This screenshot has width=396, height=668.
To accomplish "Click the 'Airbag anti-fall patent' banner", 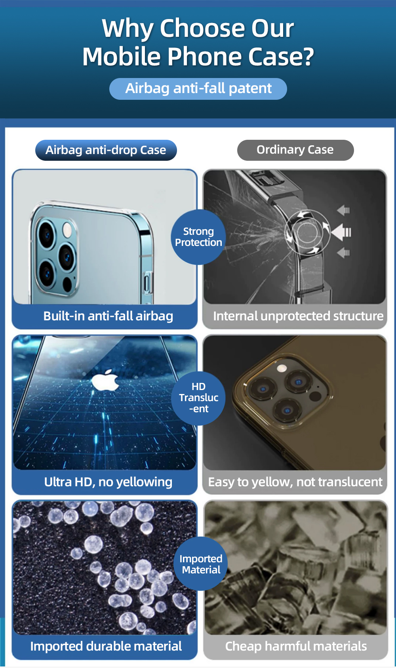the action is click(198, 89).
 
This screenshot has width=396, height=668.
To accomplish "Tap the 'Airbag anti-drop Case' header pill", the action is click(106, 150).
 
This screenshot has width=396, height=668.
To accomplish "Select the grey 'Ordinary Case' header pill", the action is click(295, 150).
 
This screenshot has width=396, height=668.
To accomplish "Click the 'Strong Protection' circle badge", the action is click(198, 237).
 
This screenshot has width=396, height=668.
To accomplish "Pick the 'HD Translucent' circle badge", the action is click(198, 398).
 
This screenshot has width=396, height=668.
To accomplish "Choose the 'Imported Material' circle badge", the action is click(201, 563).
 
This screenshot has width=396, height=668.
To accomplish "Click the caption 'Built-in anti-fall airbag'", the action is click(108, 316).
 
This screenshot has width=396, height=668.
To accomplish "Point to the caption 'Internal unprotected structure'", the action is click(298, 316).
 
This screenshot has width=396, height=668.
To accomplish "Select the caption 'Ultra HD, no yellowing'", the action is click(108, 482).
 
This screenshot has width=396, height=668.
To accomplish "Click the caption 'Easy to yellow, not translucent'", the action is click(295, 482).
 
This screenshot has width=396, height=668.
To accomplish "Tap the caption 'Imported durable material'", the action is click(106, 646).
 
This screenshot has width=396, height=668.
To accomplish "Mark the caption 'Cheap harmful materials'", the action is click(296, 646).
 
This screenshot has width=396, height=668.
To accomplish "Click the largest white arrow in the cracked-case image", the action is click(341, 232).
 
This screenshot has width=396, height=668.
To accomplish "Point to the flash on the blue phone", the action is click(67, 230).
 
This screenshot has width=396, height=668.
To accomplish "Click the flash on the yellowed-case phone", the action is click(281, 369).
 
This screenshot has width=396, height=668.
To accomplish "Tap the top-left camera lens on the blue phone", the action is click(47, 235).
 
